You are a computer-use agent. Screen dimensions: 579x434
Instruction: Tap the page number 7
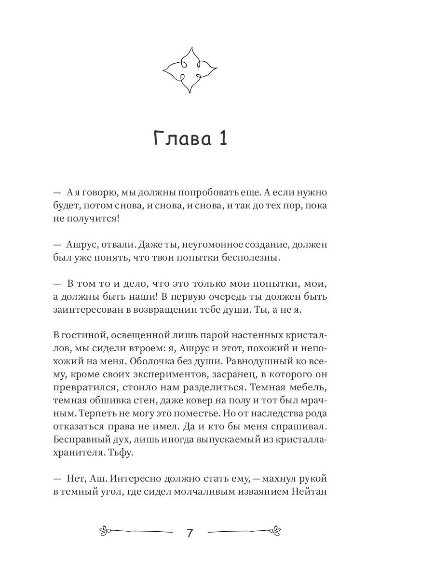click(190, 533)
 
